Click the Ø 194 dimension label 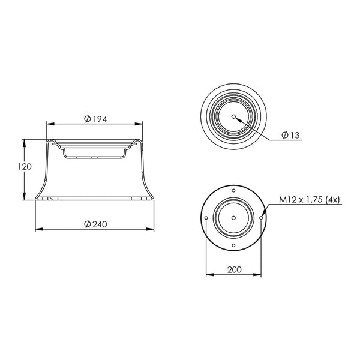point(95,119)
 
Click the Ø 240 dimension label point(95,224)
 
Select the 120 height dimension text point(25,167)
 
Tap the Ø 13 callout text point(290,135)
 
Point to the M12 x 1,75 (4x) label point(309,200)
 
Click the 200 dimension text point(235,269)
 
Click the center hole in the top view point(233,116)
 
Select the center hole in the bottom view point(233,218)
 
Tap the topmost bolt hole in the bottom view point(233,190)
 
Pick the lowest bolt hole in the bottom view point(233,245)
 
